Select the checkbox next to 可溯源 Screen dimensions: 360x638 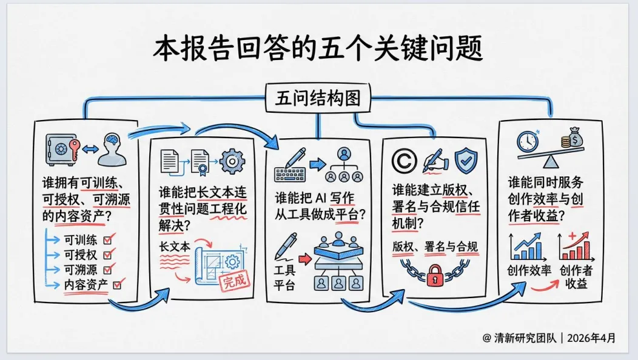(110, 269)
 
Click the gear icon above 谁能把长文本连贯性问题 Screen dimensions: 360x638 (230, 161)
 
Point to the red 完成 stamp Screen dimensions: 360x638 (235, 280)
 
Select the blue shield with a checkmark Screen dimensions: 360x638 (466, 159)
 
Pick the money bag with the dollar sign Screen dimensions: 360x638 (573, 138)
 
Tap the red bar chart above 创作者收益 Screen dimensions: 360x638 (576, 249)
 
